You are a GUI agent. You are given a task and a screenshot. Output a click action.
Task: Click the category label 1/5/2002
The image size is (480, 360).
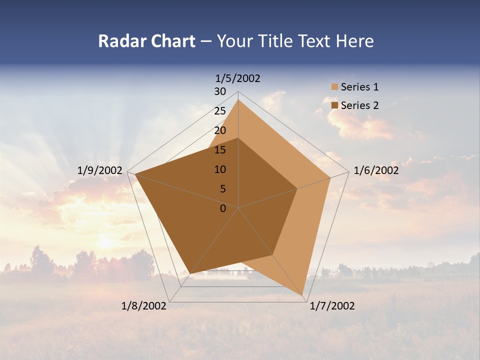[x=237, y=78]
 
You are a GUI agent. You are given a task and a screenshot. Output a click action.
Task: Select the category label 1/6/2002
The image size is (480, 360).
[x=376, y=170]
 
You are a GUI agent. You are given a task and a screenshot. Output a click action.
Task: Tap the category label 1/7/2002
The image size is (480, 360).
[x=332, y=306]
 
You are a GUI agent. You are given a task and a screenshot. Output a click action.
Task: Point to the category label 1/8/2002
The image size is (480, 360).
[x=144, y=306]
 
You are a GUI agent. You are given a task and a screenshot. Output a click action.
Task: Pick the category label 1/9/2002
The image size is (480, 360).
[x=100, y=170]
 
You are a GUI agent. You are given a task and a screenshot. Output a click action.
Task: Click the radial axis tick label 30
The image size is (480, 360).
[x=220, y=91]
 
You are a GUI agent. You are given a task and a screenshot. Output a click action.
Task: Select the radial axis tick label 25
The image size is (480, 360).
[x=220, y=111]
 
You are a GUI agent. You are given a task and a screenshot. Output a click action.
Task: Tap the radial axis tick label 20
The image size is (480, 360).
[x=220, y=130]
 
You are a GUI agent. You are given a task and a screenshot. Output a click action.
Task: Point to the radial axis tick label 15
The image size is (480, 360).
[x=220, y=150]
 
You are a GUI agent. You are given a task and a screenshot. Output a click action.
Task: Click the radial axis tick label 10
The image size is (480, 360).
[x=220, y=169]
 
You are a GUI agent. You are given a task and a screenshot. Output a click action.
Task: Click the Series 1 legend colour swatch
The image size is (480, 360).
[x=334, y=87]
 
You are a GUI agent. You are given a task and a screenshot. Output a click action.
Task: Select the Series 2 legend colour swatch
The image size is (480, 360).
[x=334, y=105]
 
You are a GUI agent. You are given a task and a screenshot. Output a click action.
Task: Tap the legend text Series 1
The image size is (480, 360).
[x=359, y=87]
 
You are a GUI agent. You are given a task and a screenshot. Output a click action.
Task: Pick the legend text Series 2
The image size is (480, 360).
[x=359, y=105]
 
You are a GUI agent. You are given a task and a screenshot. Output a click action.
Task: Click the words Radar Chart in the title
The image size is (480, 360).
[x=146, y=41]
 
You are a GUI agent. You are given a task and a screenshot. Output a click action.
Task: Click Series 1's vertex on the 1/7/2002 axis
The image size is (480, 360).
[x=303, y=295]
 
